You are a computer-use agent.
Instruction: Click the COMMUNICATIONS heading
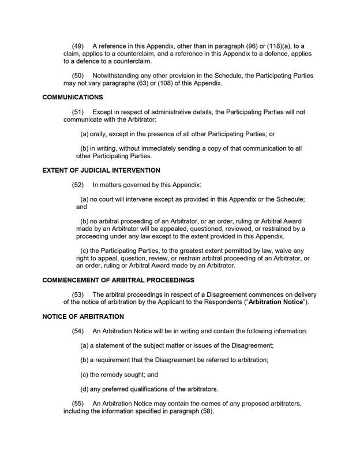point(73,97)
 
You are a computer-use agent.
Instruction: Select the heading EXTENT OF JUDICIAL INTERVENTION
point(102,170)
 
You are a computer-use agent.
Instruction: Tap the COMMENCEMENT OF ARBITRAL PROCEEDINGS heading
point(118,280)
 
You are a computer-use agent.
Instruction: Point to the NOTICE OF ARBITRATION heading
point(83,316)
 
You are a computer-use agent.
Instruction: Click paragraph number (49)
point(78,46)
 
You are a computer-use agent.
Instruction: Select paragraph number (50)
point(78,76)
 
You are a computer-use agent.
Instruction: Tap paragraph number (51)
point(78,112)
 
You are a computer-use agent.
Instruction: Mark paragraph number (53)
point(78,294)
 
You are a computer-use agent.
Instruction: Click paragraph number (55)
point(78,404)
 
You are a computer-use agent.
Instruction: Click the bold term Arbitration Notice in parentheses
point(275,302)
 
